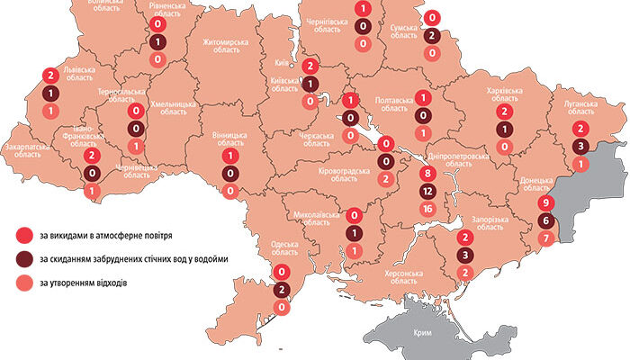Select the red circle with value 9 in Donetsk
pyautogui.click(x=545, y=203)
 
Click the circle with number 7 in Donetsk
pyautogui.click(x=545, y=238)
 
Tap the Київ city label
pyautogui.click(x=280, y=64)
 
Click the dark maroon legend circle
pyautogui.click(x=22, y=261)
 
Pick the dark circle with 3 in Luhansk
pyautogui.click(x=581, y=147)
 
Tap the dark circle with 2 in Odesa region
pyautogui.click(x=282, y=290)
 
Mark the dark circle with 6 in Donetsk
pyautogui.click(x=545, y=221)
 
